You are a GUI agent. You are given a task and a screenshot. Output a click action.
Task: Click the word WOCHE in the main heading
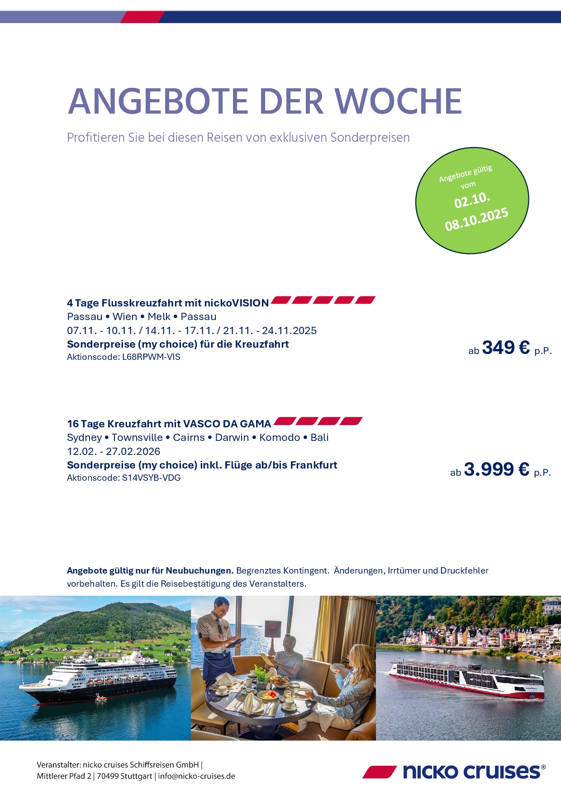click(399, 101)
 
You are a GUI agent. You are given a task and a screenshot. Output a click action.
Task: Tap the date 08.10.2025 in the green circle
click(476, 219)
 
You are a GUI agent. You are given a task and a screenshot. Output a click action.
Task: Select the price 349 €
click(506, 348)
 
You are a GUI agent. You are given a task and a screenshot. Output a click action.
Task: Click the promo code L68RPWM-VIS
click(151, 357)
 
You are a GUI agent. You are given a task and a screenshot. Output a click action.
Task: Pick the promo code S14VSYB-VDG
click(151, 478)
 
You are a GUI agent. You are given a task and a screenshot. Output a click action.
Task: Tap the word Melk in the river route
click(159, 316)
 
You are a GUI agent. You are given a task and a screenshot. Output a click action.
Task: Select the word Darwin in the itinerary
click(232, 437)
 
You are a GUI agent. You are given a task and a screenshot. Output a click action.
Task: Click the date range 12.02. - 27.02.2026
click(114, 451)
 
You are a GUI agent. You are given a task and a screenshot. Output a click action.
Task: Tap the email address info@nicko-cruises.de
click(196, 776)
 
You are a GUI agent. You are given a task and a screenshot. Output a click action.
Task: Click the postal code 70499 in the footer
click(108, 776)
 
